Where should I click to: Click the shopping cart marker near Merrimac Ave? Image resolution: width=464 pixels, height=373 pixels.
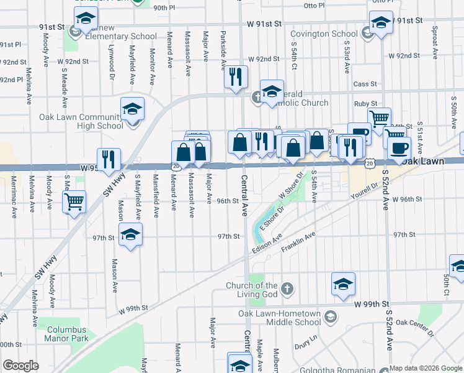click(74, 201)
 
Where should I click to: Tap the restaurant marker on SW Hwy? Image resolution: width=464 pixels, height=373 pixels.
click(109, 159)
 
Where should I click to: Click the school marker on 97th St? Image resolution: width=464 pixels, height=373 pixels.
click(130, 234)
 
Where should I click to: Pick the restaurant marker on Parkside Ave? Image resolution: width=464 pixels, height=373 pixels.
click(236, 76)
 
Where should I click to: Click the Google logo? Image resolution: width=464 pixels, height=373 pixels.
click(20, 366)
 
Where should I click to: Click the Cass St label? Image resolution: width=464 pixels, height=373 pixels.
click(365, 84)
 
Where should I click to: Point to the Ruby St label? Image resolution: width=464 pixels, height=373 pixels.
click(365, 103)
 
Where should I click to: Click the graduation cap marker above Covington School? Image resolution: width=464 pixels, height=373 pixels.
click(380, 23)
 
